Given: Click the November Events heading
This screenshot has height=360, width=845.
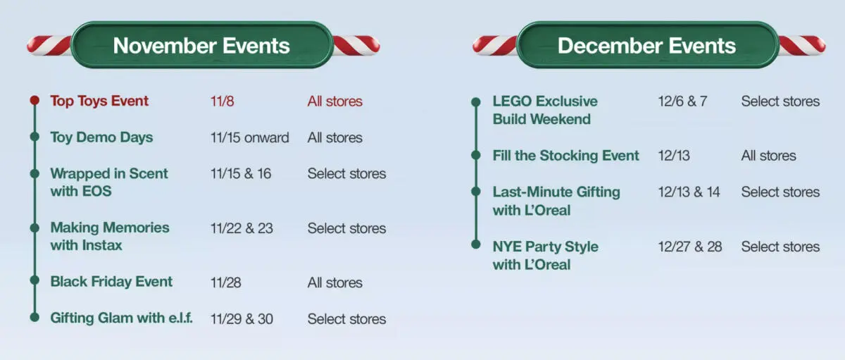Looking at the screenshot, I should click(201, 46).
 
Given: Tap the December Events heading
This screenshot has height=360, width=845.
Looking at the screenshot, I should click(646, 46).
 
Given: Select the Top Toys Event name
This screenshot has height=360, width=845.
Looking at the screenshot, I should click(99, 101).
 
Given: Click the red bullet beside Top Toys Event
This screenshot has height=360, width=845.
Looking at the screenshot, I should click(35, 101).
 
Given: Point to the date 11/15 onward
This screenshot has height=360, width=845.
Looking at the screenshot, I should click(249, 137).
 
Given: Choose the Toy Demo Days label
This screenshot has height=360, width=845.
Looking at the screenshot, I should click(101, 137).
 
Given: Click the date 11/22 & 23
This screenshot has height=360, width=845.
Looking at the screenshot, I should click(242, 228).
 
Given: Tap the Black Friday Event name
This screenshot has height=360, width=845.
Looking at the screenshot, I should click(111, 282).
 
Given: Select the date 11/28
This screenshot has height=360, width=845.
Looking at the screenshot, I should click(225, 283).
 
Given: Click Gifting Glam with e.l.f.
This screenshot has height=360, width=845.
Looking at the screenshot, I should click(121, 318).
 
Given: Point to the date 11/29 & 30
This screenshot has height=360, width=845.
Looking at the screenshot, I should click(242, 319).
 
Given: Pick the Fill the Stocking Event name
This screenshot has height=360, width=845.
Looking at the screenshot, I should click(566, 156).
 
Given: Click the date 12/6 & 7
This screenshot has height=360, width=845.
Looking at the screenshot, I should click(682, 101).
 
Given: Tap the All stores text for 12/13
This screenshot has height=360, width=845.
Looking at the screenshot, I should click(768, 156).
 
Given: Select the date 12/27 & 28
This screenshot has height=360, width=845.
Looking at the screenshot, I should click(689, 247).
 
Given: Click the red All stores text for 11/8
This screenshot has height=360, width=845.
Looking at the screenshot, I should click(334, 101).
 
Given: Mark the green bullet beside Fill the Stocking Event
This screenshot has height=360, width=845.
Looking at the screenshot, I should click(476, 156).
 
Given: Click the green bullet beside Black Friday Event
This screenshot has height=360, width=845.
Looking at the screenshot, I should click(35, 281).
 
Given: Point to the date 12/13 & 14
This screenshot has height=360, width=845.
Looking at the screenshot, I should click(688, 192).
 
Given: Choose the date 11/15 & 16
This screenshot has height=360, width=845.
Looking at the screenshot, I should click(240, 173).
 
